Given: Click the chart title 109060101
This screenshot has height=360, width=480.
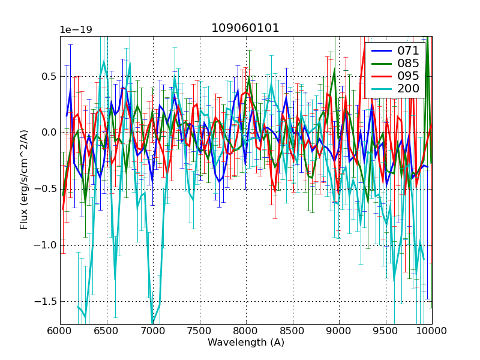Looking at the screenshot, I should click(245, 28).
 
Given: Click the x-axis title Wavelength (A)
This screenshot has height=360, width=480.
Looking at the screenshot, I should click(246, 343).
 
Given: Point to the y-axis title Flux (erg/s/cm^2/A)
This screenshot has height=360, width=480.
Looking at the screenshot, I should click(24, 180).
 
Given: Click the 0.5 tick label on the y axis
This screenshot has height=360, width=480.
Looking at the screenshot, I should click(47, 77).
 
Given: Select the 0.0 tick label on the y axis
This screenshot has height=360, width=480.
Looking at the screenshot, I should click(47, 133).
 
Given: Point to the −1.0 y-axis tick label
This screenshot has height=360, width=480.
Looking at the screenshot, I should click(45, 245).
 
